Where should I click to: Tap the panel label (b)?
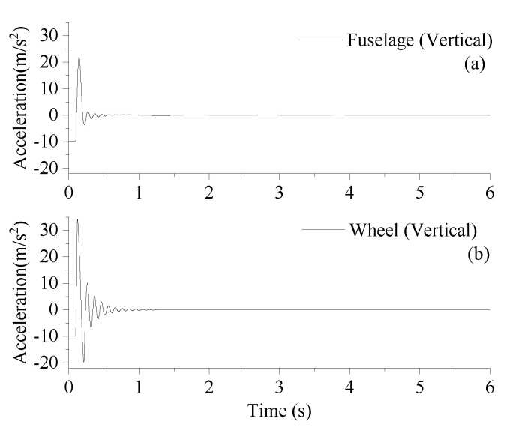pos(475,254)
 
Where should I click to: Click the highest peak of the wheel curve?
pos(77,219)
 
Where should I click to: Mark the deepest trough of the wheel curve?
pos(83,362)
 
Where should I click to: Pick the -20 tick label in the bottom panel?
pos(49,363)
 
